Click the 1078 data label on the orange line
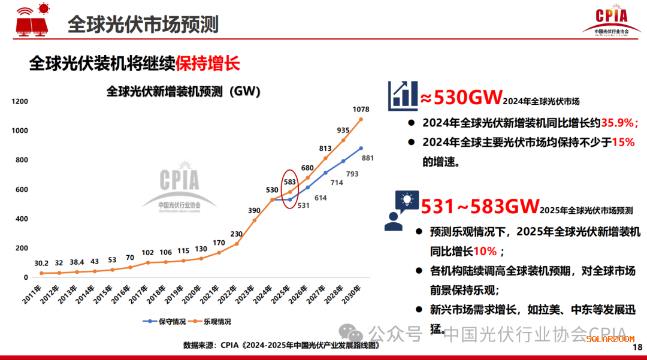[361, 110]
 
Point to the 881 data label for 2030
[368, 159]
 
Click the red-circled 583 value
[290, 181]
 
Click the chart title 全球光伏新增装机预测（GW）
[183, 91]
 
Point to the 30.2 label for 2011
[41, 263]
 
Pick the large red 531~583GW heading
[479, 207]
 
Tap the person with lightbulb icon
[401, 210]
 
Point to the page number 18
[637, 347]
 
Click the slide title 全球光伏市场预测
[143, 24]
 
